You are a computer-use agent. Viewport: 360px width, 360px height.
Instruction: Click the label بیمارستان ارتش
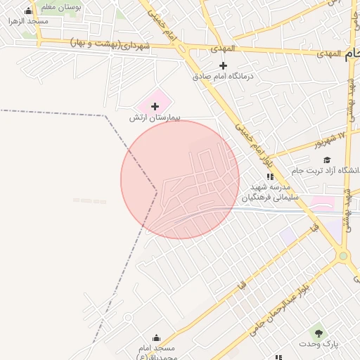click(154, 118)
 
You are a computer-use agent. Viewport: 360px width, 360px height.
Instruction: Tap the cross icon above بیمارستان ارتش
click(155, 106)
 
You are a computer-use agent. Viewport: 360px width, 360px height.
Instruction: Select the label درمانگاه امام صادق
click(222, 76)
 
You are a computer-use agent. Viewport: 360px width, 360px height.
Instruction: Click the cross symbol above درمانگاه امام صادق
click(223, 65)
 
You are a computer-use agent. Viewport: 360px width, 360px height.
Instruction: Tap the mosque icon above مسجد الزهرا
click(28, 11)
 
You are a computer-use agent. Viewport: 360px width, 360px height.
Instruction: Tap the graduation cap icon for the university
click(327, 160)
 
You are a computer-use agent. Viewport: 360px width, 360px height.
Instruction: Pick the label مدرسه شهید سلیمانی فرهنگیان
click(271, 193)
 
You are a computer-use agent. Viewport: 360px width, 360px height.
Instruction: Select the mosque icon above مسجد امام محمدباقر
click(156, 337)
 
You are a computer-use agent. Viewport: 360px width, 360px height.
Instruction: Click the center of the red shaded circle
click(180, 179)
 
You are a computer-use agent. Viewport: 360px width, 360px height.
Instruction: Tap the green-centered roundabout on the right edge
click(343, 257)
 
